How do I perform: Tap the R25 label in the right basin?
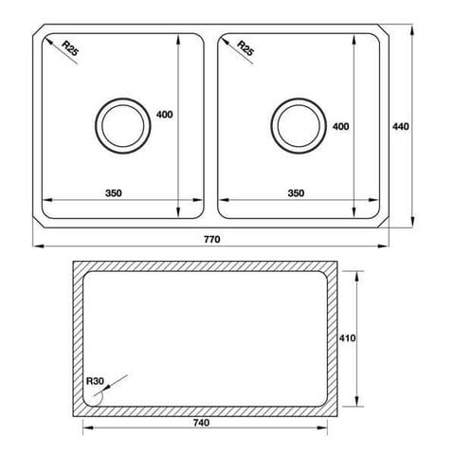(244, 49)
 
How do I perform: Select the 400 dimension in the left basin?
(164, 115)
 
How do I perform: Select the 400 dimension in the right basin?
(341, 126)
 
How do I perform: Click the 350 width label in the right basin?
(295, 194)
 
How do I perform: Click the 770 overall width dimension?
(211, 240)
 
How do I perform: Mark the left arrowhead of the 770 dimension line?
(35, 247)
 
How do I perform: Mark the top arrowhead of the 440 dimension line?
(413, 28)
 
